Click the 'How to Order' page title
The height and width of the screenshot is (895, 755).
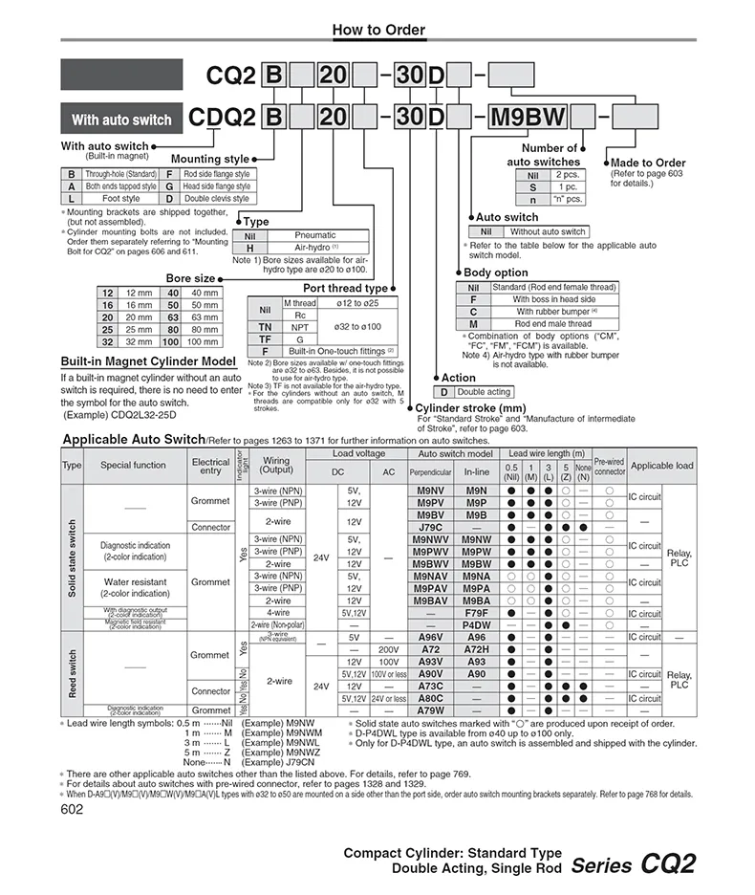(x=377, y=30)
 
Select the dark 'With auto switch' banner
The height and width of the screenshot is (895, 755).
(x=121, y=120)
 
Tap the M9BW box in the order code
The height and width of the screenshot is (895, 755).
(x=527, y=119)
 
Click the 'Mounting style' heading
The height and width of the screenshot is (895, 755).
(x=209, y=159)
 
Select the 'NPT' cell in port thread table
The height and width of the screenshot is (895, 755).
(x=300, y=326)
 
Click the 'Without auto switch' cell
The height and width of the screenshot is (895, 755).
(x=547, y=231)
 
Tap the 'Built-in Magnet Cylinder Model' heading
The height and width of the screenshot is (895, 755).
(x=148, y=362)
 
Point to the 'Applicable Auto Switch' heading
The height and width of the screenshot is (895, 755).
(x=134, y=440)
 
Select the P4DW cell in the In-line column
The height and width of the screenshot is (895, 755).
(x=476, y=625)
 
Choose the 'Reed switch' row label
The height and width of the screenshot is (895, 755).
(x=72, y=674)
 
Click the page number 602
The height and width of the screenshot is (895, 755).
(x=72, y=809)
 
